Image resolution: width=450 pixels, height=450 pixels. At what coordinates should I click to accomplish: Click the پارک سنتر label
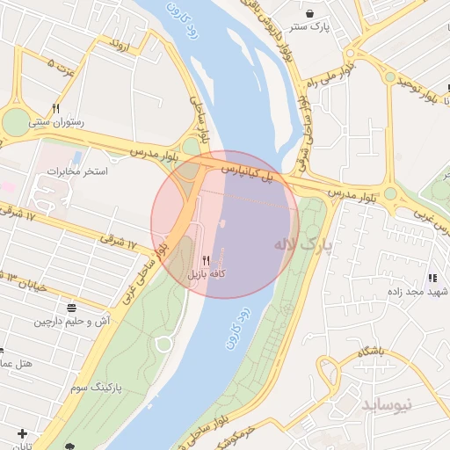point(312,27)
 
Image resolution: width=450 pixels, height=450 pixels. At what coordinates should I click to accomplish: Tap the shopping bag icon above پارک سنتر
point(311,13)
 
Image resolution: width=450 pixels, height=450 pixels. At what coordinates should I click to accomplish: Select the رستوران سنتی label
point(57,123)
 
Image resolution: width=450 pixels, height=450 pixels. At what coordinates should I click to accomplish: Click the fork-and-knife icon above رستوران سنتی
point(56,108)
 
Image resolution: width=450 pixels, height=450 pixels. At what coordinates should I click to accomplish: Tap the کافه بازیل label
point(207,274)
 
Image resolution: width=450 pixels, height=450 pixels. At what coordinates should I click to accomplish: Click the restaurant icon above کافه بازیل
point(206,260)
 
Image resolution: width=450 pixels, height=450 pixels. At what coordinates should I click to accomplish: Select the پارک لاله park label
point(304,245)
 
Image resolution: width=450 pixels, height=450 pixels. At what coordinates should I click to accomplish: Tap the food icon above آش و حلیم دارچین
point(70,308)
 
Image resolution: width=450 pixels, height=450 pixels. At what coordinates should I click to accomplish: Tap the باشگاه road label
point(372,352)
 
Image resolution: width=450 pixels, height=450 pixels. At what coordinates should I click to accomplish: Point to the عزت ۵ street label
point(63,65)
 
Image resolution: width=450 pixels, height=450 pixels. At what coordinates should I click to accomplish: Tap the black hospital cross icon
point(21,434)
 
